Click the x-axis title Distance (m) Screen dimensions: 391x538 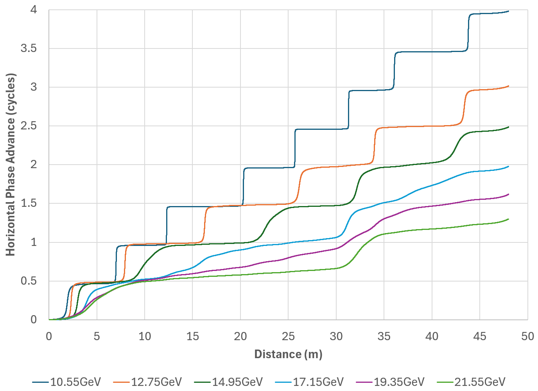(288, 354)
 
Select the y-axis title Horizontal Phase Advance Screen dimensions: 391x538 (11, 165)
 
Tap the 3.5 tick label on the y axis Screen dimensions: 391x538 (29, 48)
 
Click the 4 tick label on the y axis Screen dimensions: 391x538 (34, 10)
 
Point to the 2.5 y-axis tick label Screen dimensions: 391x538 (29, 126)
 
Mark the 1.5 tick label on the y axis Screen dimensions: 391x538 (29, 203)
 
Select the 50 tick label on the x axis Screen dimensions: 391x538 (527, 337)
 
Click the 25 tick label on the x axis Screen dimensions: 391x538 (288, 337)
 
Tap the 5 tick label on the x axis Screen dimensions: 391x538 (97, 337)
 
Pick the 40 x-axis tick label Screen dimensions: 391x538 (432, 337)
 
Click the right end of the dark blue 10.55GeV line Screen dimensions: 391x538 (508, 11)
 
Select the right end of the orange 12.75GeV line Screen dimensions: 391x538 (508, 86)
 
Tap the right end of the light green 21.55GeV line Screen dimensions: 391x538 (508, 219)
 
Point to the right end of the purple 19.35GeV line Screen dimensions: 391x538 (508, 194)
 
